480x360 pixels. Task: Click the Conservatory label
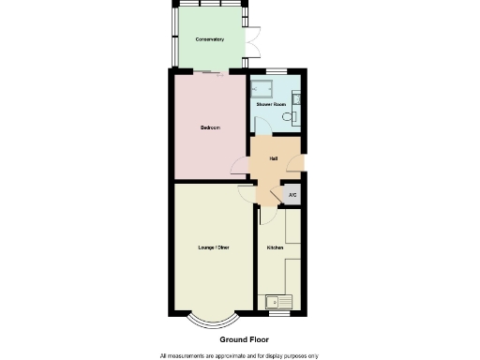pos(208,39)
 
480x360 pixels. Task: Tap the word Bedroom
pos(210,127)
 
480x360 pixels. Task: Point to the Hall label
pos(273,158)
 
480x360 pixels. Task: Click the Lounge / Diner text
pos(213,247)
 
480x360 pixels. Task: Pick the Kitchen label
pos(275,247)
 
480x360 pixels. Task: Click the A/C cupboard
pos(292,195)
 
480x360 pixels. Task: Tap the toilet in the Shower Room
pos(292,118)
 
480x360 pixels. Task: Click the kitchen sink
pos(279,301)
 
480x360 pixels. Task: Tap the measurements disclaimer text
pos(239,355)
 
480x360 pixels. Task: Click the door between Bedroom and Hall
pos(241,168)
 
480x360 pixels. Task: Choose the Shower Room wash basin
pos(296,97)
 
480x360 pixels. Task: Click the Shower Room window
pos(275,71)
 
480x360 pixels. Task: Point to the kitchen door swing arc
pos(266,213)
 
